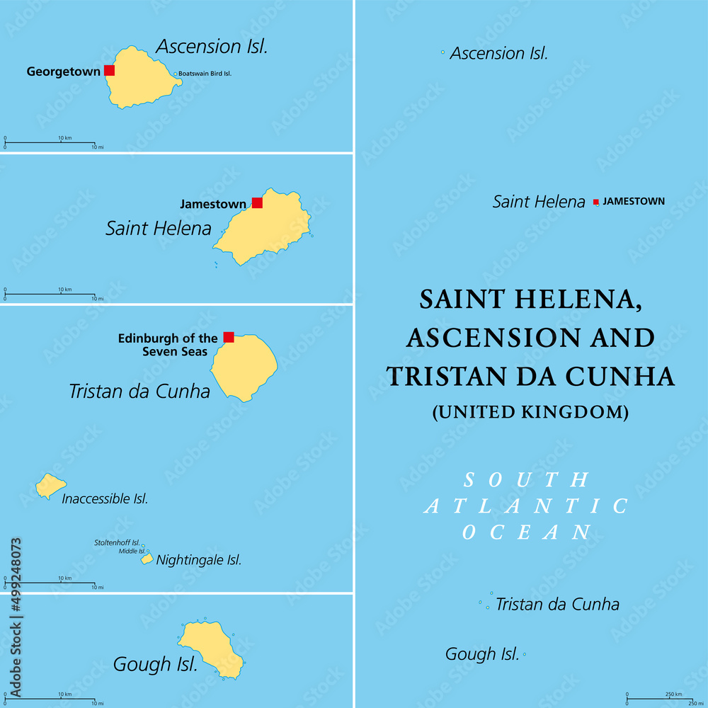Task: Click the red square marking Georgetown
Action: click(x=109, y=70)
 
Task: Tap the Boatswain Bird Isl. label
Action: click(x=205, y=74)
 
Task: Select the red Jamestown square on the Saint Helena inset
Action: click(x=257, y=202)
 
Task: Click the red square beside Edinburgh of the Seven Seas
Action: click(x=229, y=337)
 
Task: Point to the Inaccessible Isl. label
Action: click(x=105, y=499)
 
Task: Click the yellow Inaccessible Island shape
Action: click(x=50, y=486)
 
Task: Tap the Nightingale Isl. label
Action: click(x=199, y=560)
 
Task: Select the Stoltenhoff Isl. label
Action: click(x=118, y=543)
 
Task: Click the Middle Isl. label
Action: click(x=132, y=551)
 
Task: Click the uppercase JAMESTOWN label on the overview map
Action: click(x=634, y=201)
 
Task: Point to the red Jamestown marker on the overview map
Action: click(x=596, y=202)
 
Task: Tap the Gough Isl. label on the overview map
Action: click(x=482, y=654)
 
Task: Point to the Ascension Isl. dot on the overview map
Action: click(x=443, y=52)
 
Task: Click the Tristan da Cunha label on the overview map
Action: click(x=557, y=604)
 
